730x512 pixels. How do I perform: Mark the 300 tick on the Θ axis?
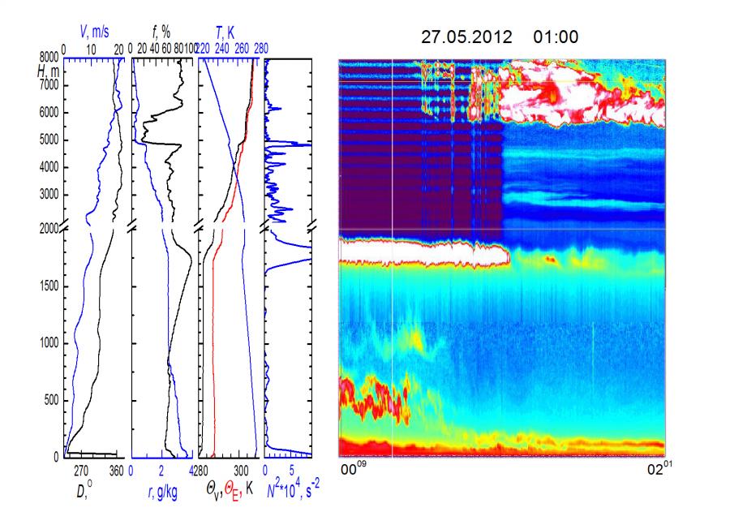pyautogui.click(x=242, y=470)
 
